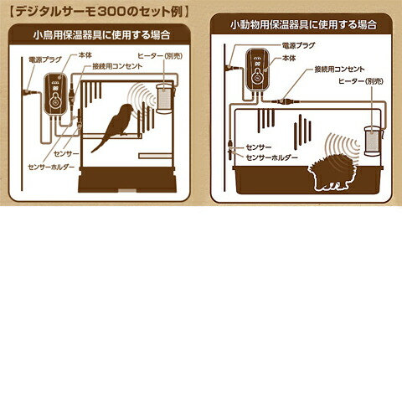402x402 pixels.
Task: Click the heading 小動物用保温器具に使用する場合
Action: [304, 25]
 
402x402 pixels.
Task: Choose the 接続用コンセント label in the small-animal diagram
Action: [340, 70]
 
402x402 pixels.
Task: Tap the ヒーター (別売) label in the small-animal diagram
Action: [361, 83]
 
